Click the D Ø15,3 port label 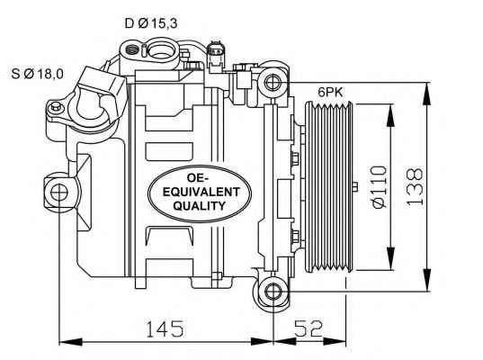coord(151,23)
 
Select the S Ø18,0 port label coord(37,74)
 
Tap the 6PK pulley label coord(330,92)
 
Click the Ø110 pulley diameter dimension coord(379,187)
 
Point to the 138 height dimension coord(415,187)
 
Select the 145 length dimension coord(165,328)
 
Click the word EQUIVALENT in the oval coord(201,192)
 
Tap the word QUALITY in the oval coord(200,205)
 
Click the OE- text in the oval coord(198,178)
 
